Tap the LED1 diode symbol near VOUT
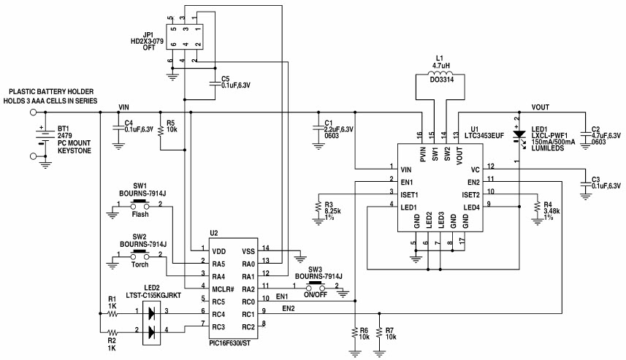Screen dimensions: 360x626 point(519,136)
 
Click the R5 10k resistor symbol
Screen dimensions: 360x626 point(159,136)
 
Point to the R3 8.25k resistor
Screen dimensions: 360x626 point(317,207)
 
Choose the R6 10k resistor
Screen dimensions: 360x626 point(355,332)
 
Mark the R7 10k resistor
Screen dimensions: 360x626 point(379,332)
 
